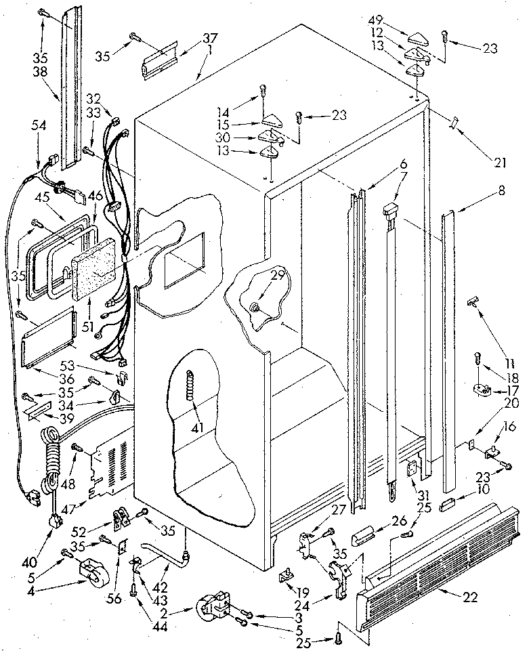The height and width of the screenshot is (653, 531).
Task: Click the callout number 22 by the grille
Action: pos(469,597)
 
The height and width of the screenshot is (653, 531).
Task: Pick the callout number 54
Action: pos(41,126)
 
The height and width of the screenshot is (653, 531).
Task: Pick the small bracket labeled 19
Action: pos(287,574)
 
